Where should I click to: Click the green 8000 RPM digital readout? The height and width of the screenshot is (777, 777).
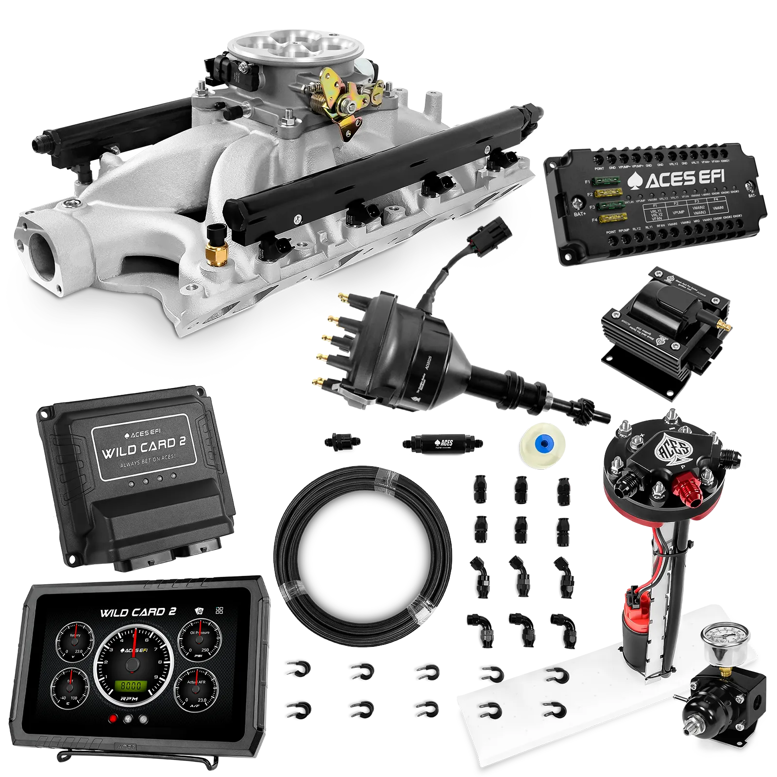click(x=131, y=686)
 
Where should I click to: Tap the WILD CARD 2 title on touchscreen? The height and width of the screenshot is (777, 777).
click(x=138, y=612)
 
